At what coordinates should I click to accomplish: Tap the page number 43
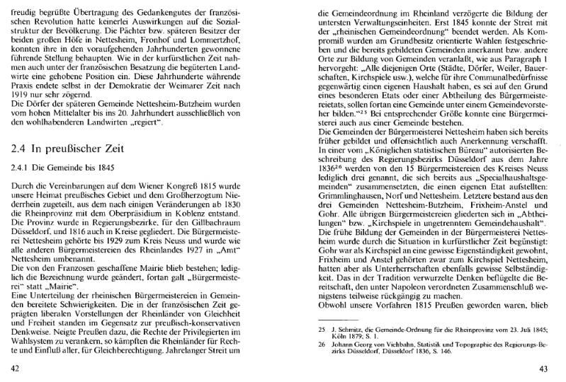point(544,369)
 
